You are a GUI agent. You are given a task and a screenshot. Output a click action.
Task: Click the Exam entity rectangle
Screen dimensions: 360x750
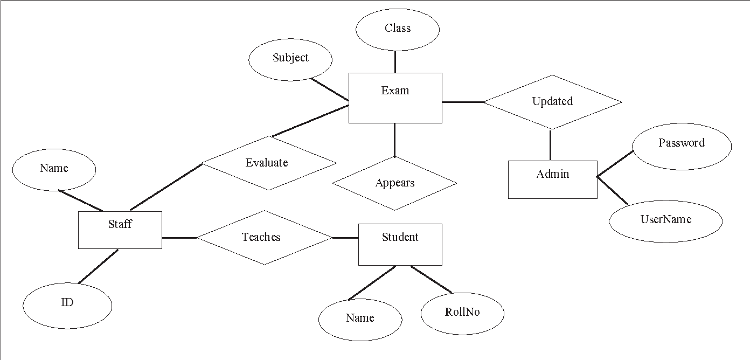coord(395,98)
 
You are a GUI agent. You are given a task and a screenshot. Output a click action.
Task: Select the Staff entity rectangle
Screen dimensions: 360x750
coord(120,230)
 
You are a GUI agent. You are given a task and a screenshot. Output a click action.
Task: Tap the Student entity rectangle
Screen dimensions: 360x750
coord(400,245)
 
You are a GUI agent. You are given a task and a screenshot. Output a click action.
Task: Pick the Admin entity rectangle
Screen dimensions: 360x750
coord(552,180)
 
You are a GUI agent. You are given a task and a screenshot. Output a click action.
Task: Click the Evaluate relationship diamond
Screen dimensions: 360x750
coord(268,163)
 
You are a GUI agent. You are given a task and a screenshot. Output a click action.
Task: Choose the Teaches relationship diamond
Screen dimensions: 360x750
coord(263,238)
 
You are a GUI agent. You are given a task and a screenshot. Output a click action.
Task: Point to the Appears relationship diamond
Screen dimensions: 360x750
coord(394,183)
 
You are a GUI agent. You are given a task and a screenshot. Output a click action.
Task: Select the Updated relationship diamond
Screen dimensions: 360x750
coord(552,102)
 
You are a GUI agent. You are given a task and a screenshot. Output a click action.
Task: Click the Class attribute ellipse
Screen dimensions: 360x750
coord(398,29)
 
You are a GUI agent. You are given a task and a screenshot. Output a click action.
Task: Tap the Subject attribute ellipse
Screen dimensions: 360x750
coord(290,59)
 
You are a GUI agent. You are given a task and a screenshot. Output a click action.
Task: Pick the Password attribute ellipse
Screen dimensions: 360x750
coord(681,146)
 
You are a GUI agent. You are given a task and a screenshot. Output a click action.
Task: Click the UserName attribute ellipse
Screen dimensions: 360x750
coord(665,221)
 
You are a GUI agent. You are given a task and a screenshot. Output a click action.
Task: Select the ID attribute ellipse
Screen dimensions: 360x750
coord(67,304)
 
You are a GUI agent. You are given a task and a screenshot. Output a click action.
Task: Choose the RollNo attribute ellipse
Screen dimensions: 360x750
coord(462,313)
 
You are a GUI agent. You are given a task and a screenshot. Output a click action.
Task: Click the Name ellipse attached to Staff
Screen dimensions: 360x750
coord(54,170)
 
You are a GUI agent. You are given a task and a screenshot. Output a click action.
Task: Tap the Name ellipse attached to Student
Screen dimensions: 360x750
coord(360,320)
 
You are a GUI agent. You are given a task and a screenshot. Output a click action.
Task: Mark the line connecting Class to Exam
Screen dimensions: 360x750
coord(395,62)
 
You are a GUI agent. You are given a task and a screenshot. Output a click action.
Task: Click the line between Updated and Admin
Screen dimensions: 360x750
coord(550,144)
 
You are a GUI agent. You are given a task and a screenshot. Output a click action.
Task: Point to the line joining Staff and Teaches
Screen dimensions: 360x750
coord(179,238)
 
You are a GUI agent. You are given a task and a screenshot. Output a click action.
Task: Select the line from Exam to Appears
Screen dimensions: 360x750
coord(395,140)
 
